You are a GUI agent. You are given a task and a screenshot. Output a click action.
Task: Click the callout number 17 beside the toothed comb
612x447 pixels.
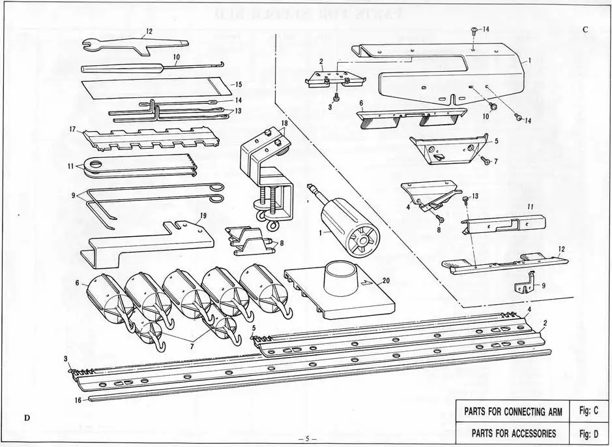pos(74,129)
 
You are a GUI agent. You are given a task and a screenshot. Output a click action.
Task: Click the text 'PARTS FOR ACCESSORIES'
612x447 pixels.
pos(510,433)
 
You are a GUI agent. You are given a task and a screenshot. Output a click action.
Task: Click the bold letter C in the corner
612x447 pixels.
pos(585,30)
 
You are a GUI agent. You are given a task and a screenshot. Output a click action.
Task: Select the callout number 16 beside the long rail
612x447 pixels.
pos(78,401)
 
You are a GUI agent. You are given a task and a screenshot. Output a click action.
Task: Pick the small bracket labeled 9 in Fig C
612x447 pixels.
pos(527,285)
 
